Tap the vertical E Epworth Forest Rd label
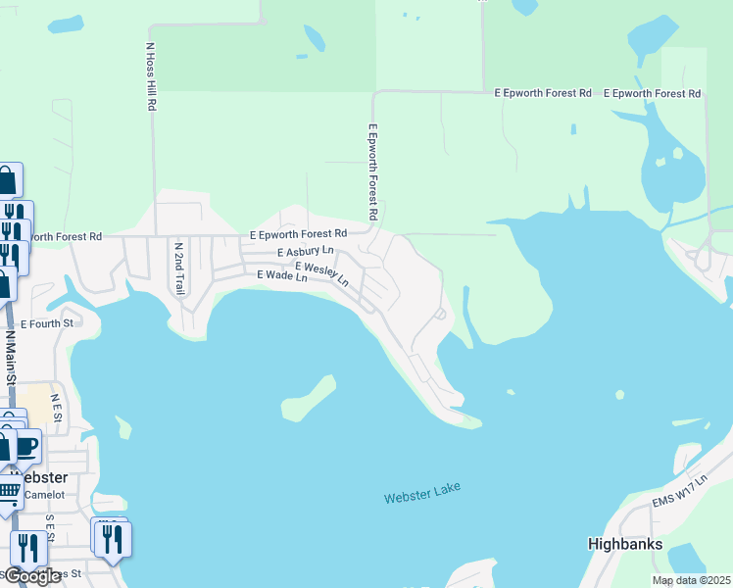372,171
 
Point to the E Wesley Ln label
321,272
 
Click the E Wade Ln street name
282,277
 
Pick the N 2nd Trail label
178,268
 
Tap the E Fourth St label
47,323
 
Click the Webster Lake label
422,492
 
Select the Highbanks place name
625,544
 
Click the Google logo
31,576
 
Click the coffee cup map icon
26,446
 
